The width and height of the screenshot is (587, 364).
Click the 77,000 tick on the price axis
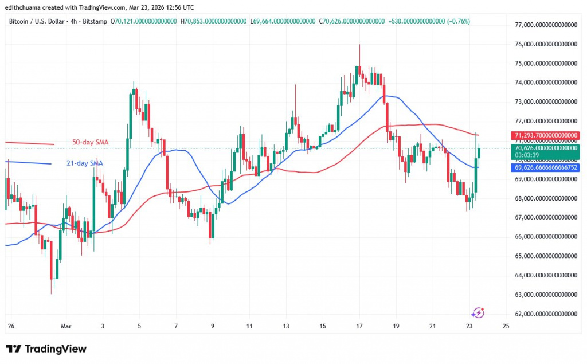tap(545, 25)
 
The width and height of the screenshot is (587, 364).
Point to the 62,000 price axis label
tap(545, 314)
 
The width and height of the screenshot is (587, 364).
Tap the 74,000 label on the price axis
tap(545, 83)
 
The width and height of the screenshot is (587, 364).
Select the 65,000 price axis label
tap(545, 256)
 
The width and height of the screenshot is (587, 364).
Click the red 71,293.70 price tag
tap(544, 135)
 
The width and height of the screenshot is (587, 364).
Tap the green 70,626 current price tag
tap(544, 148)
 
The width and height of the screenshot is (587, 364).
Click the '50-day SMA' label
tap(90, 142)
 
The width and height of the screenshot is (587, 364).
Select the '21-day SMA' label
tap(85, 163)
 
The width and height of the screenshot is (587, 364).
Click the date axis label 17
tap(359, 326)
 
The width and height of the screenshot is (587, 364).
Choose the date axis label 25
tap(505, 326)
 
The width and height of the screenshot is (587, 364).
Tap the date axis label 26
tap(11, 326)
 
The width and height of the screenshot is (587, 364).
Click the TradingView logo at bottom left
tap(46, 349)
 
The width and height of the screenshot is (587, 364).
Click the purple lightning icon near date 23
tap(478, 313)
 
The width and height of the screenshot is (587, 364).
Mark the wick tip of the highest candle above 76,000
tap(359, 44)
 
